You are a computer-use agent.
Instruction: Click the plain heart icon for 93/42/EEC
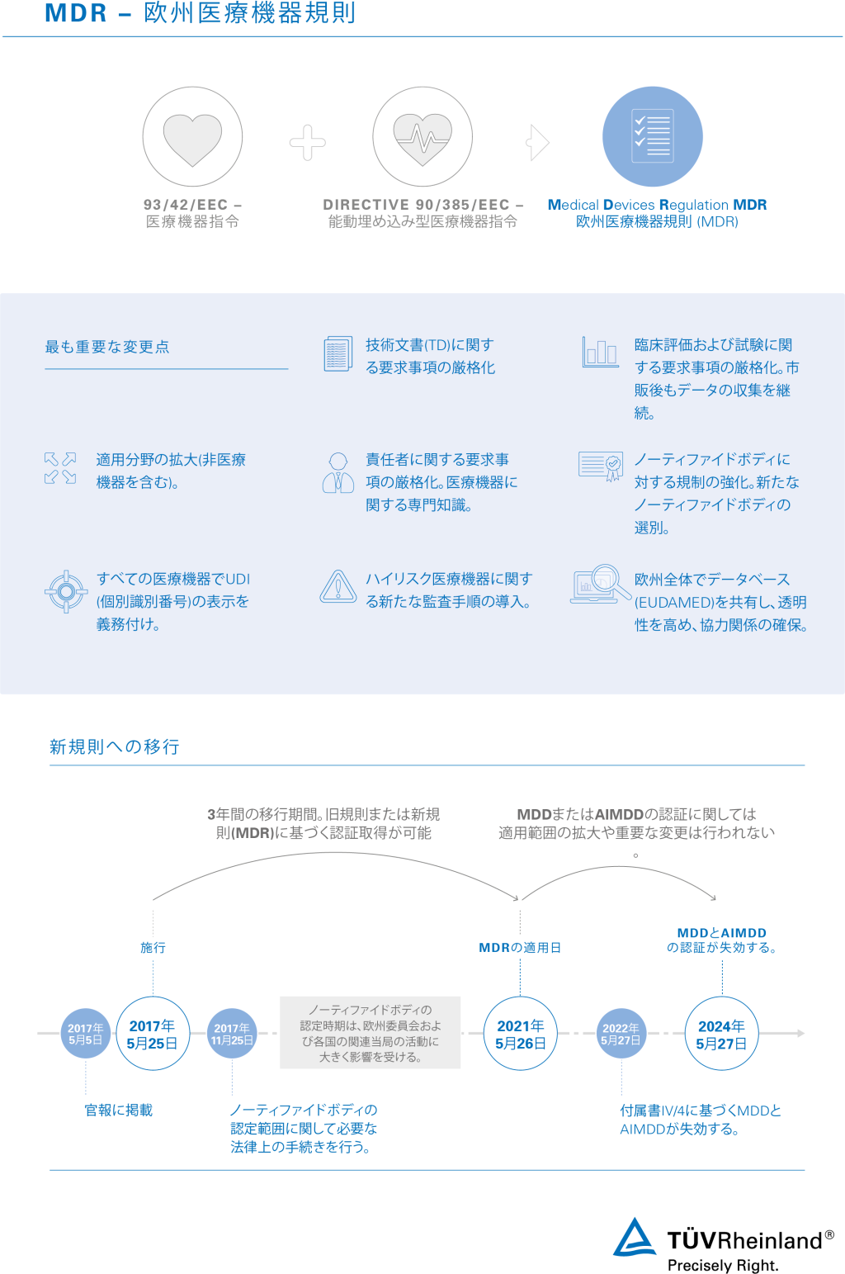tap(192, 138)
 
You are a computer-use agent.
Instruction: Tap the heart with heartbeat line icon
tap(422, 138)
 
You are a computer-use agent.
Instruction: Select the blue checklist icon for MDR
tap(652, 136)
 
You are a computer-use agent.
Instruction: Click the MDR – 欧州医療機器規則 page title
tap(201, 14)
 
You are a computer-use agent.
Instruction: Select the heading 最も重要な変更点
tap(107, 347)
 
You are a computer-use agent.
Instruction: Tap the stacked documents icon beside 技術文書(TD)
tap(338, 353)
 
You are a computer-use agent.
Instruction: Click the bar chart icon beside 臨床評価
tap(600, 352)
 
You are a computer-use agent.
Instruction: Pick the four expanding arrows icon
tap(60, 468)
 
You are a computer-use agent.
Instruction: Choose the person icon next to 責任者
tap(338, 472)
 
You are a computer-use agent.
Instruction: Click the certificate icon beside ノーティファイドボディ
tap(600, 467)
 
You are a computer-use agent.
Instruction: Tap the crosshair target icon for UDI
tap(66, 591)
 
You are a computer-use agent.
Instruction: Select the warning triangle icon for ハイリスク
tap(338, 587)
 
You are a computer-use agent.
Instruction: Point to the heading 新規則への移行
tap(114, 747)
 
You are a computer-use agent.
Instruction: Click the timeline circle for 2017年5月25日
tap(153, 1034)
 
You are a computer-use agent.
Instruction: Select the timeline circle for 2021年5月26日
tap(520, 1034)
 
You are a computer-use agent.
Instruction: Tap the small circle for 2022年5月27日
tap(621, 1034)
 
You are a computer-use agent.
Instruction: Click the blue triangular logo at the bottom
tap(635, 1237)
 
